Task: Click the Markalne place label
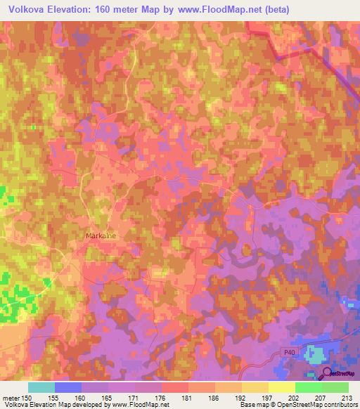(x=100, y=236)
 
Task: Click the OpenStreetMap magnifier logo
(x=327, y=373)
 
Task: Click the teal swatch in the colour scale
(x=41, y=387)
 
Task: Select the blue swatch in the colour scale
(x=68, y=387)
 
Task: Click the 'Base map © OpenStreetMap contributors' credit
(x=298, y=405)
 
